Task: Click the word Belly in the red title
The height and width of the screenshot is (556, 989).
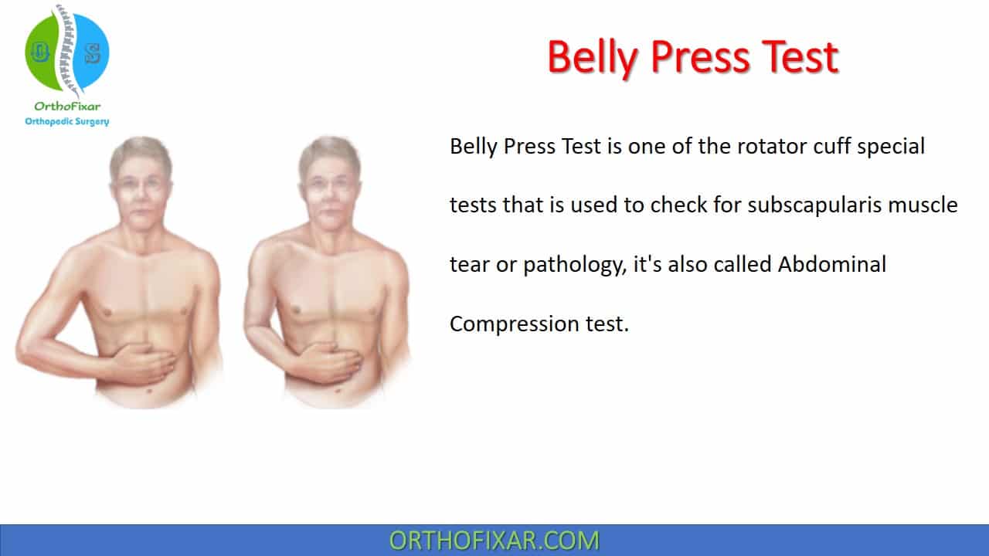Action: click(x=593, y=58)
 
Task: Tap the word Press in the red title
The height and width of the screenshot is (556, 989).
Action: click(x=700, y=57)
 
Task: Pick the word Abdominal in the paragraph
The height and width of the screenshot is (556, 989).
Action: click(x=832, y=264)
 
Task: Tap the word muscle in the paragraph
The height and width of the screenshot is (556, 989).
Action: click(x=923, y=205)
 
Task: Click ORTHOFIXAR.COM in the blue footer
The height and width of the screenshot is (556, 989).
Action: click(x=494, y=541)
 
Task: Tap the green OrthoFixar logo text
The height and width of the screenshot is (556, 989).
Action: click(x=67, y=107)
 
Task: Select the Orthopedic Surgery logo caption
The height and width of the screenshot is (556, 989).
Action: click(x=67, y=121)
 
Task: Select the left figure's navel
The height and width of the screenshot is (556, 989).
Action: click(x=149, y=391)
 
